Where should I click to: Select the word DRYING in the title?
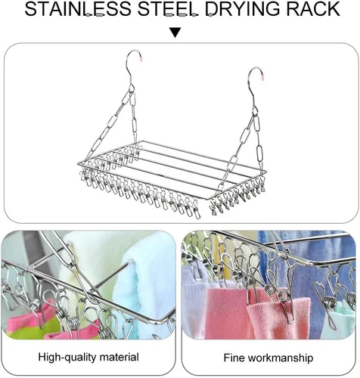242,9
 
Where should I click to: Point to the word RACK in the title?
312,9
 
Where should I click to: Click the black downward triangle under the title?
175,33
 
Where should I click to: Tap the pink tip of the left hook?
141,59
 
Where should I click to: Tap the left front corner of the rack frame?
78,164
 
